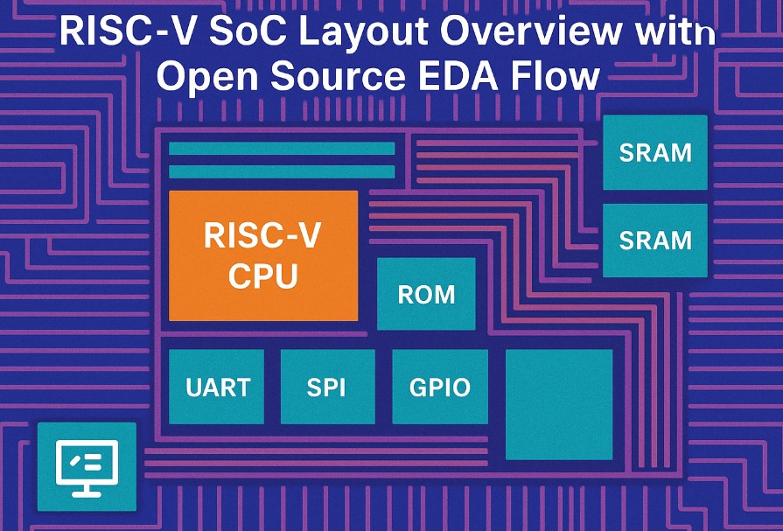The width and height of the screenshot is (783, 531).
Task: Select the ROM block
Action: tap(426, 294)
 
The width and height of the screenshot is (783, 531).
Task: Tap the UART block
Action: tap(216, 387)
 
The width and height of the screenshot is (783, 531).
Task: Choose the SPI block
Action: tap(327, 387)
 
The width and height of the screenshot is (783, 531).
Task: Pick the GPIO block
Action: tap(440, 387)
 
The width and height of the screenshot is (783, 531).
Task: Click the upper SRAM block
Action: tap(655, 152)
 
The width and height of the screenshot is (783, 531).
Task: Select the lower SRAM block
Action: tap(655, 240)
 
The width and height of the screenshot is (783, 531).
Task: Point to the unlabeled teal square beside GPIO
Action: tap(559, 403)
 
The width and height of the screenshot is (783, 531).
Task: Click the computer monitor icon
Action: tap(87, 466)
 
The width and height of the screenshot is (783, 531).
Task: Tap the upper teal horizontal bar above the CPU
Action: tap(282, 149)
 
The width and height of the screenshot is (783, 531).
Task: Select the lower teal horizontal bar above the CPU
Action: tap(282, 171)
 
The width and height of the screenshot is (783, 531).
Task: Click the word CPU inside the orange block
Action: tap(262, 276)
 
